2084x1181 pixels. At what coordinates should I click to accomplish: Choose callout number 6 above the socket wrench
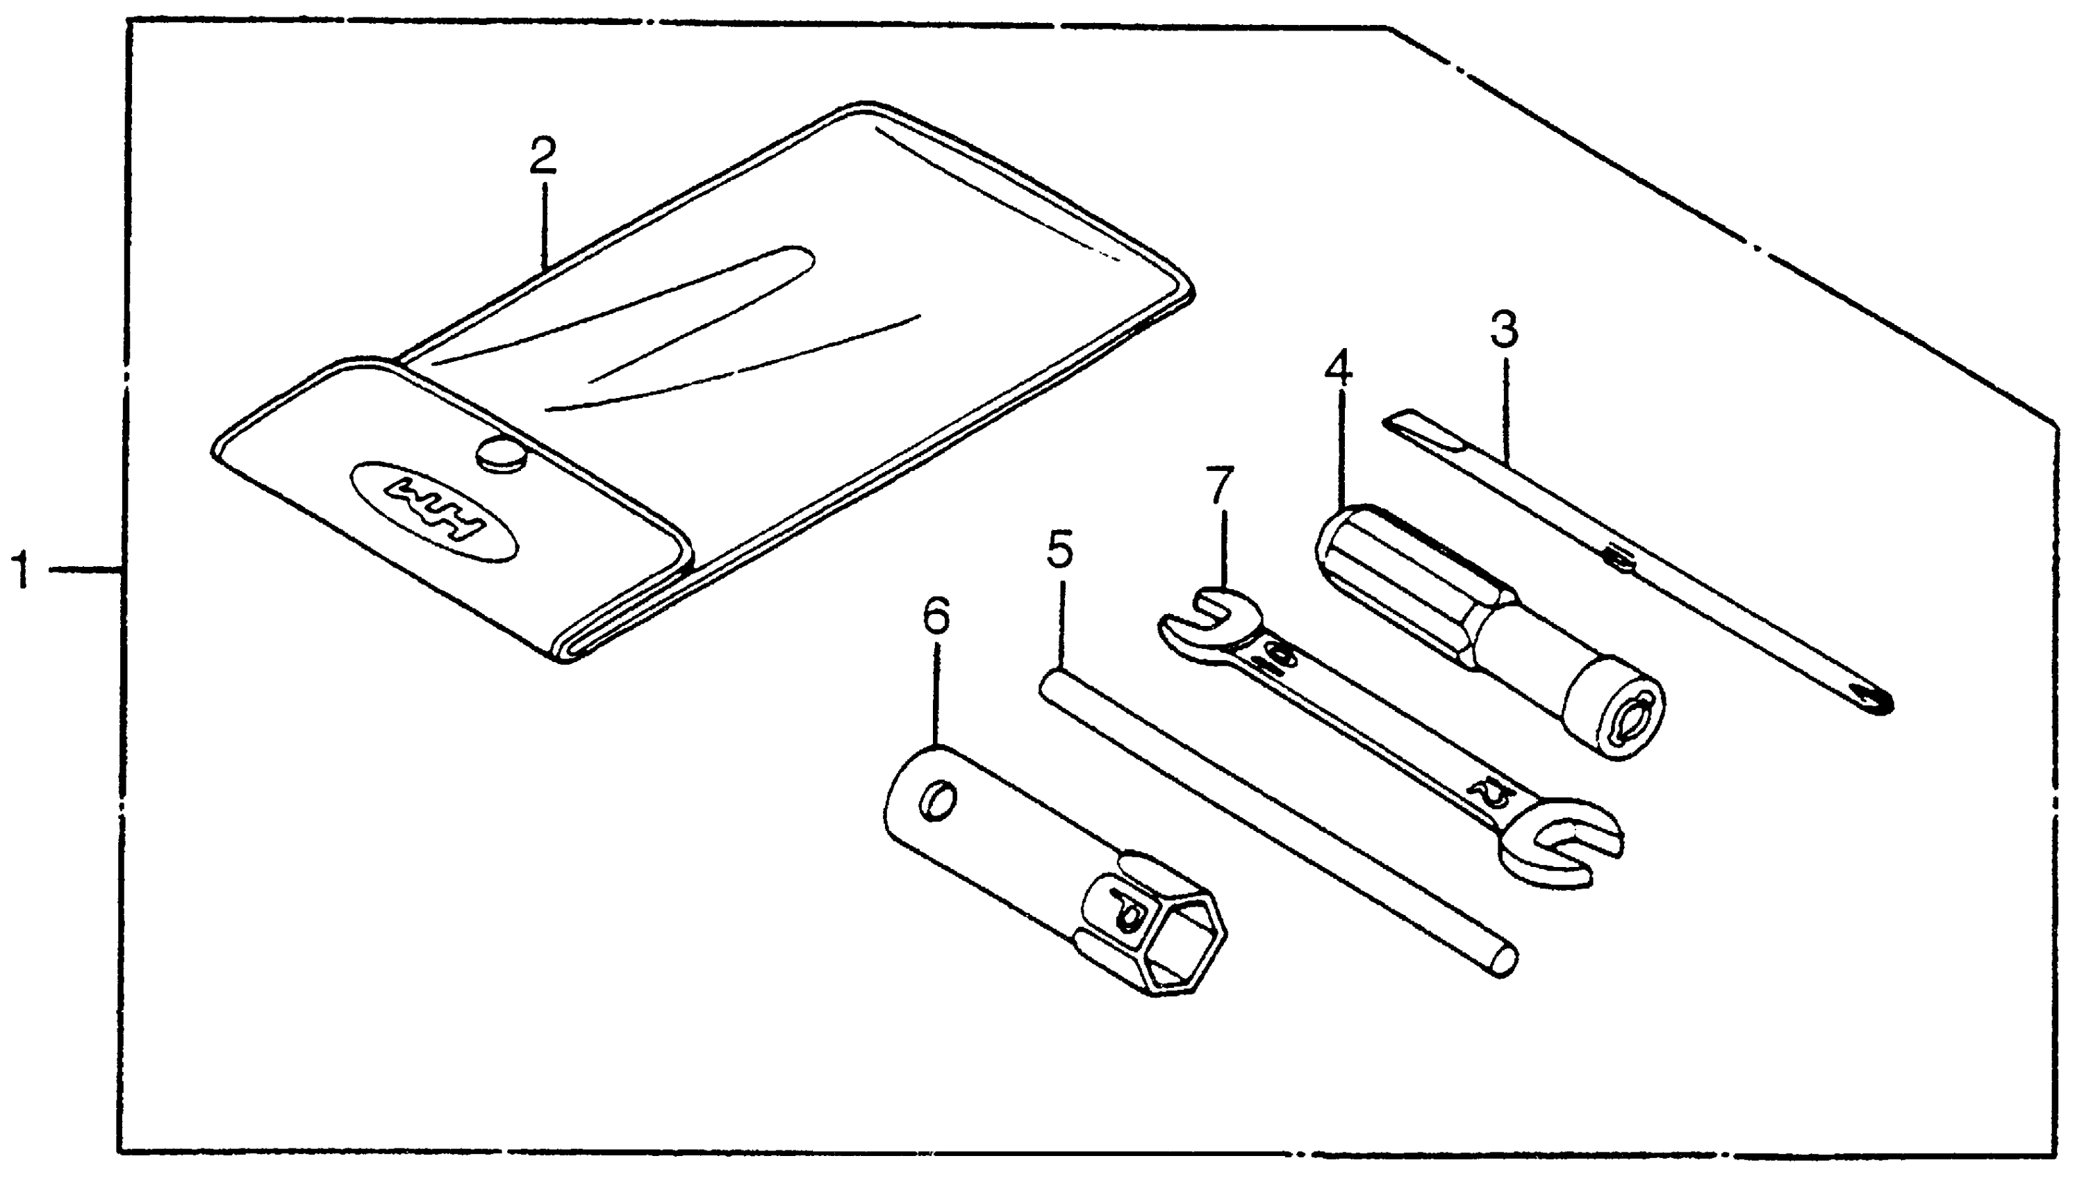tap(935, 618)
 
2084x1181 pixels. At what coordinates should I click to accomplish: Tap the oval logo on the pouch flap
tap(434, 511)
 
